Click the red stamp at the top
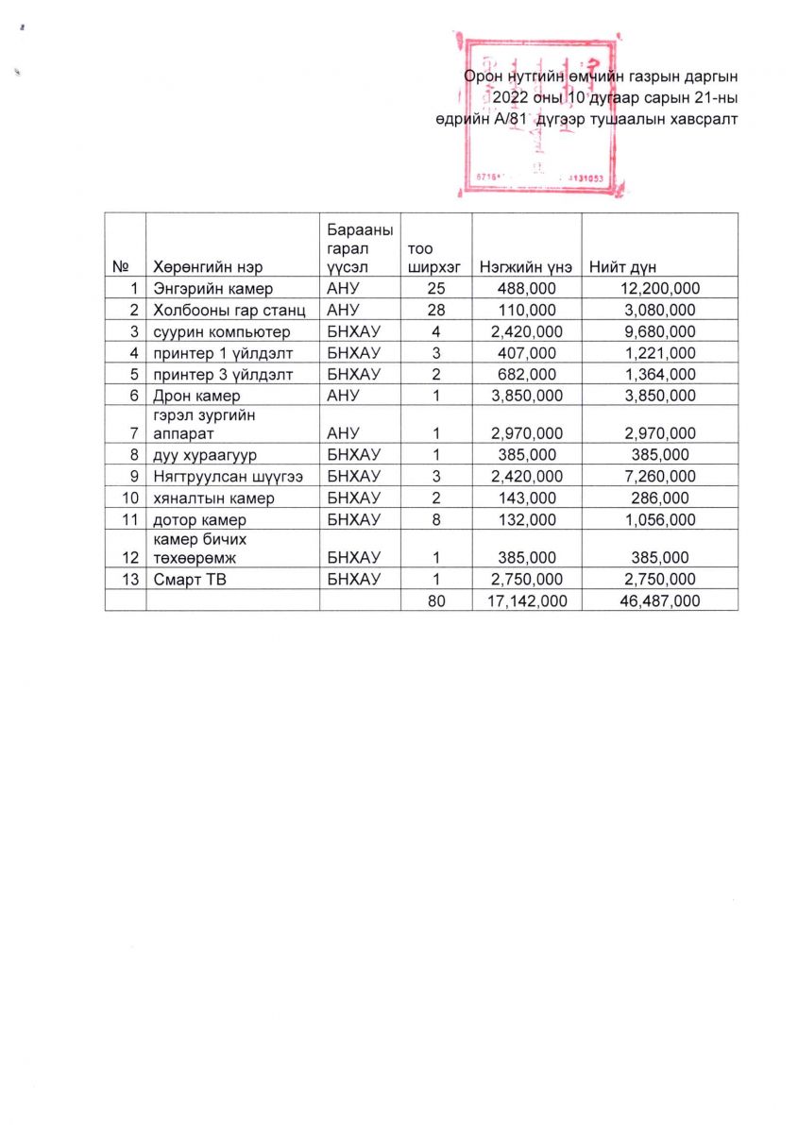(x=536, y=113)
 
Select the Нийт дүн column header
(x=622, y=267)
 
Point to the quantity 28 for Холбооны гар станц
(x=435, y=310)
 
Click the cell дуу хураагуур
(x=206, y=455)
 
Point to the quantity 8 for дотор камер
(x=435, y=519)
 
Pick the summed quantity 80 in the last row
(x=435, y=600)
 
